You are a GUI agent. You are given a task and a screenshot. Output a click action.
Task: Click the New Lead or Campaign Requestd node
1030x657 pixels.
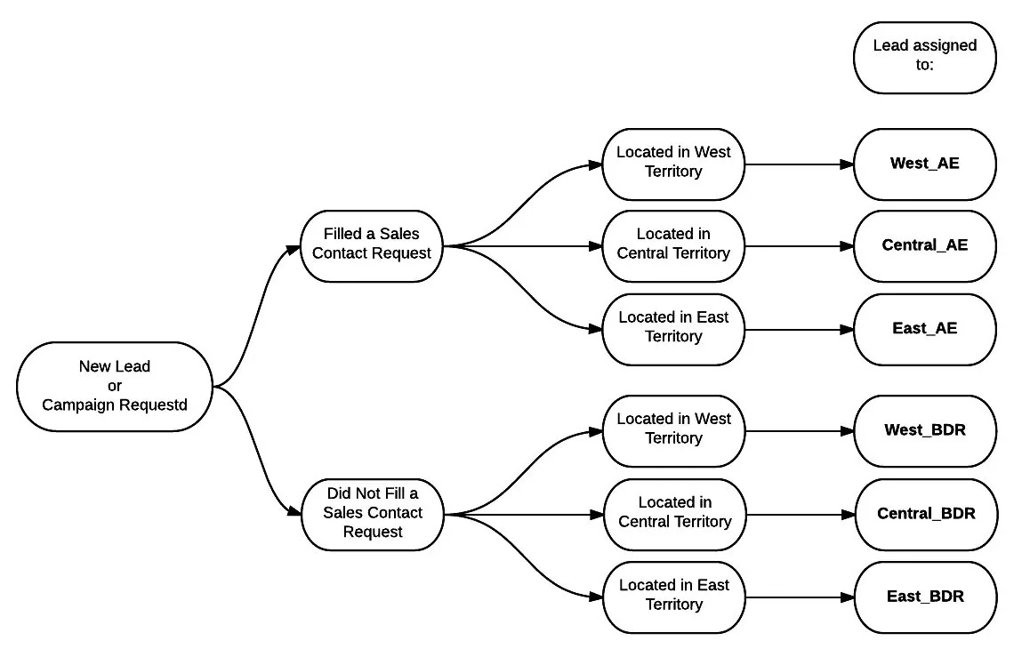115,387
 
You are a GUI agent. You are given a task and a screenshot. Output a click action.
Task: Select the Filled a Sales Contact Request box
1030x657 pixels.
372,246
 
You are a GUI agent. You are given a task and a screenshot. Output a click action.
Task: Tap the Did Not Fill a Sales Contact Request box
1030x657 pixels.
373,515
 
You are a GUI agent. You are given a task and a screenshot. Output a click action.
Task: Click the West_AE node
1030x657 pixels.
925,164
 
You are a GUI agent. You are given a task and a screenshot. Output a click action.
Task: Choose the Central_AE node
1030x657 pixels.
925,246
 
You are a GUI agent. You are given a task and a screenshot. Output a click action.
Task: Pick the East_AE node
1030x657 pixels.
925,330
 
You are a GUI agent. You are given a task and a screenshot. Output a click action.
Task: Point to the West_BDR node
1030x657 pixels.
925,431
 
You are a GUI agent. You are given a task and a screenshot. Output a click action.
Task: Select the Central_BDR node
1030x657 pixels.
926,515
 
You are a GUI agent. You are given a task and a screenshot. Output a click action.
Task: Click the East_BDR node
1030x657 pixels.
926,597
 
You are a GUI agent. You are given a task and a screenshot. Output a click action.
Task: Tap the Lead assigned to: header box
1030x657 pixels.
925,58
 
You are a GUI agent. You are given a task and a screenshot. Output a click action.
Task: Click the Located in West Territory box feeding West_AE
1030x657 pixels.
673,164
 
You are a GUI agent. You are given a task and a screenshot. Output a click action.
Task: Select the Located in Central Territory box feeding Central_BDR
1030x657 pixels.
674,515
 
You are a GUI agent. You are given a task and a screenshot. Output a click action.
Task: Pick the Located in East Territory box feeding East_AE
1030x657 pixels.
673,330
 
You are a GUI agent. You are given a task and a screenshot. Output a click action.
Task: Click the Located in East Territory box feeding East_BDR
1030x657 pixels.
674,597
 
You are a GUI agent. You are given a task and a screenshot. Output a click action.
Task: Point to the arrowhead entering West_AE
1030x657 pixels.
847,164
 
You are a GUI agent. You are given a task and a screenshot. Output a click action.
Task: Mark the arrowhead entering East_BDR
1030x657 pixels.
848,597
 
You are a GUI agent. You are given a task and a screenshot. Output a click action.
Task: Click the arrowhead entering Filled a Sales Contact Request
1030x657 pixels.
293,250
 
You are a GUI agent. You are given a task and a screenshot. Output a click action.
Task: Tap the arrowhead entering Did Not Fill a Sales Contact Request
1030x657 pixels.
294,510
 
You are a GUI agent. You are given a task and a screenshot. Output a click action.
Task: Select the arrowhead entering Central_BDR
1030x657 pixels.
848,515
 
